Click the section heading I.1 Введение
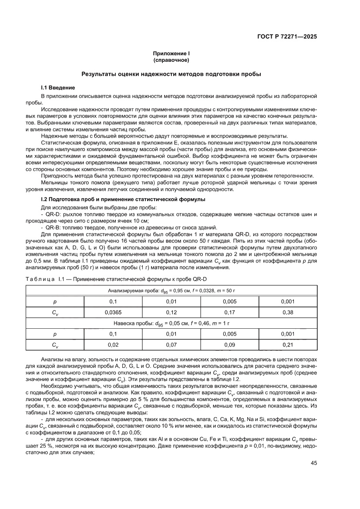click(58, 88)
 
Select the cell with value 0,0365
click(113, 312)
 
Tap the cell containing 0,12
click(171, 312)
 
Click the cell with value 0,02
click(113, 344)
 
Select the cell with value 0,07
click(171, 344)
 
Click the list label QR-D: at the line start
click(52, 215)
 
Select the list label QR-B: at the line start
click(52, 228)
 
